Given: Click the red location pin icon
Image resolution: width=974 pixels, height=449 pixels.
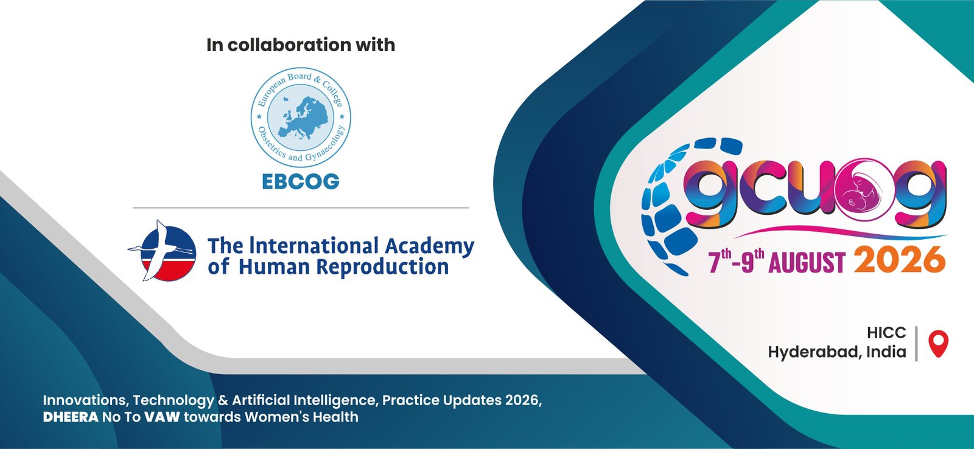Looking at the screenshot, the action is tap(938, 343).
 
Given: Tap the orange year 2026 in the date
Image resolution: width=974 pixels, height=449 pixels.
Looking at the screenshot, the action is tap(900, 260).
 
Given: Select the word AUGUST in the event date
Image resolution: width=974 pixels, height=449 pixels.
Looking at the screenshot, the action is tap(807, 262).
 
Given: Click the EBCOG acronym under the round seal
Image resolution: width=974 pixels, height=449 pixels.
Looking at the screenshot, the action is tap(301, 182).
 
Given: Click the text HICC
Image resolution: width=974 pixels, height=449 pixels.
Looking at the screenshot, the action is tap(886, 333).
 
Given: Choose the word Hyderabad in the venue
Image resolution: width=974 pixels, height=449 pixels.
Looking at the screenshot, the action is tap(815, 352).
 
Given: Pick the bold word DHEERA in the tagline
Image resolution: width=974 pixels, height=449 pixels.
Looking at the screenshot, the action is tap(71, 417).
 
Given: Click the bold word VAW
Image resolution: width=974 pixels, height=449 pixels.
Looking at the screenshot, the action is tap(162, 417).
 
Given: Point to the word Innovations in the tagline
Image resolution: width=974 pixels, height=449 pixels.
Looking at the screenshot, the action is tap(86, 400).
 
